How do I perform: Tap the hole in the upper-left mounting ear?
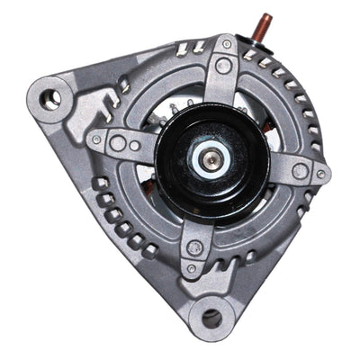(53, 93)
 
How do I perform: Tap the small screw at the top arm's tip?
(226, 43)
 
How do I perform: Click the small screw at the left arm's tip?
(95, 139)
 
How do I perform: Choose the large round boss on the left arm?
(116, 142)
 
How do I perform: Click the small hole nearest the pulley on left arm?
(135, 145)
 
